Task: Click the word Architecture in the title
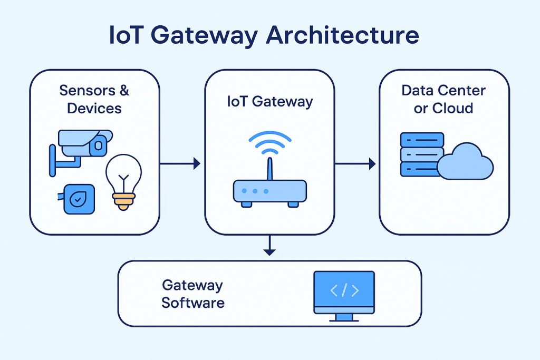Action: (x=342, y=35)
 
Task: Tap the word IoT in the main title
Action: (x=130, y=35)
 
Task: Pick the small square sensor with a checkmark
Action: (x=79, y=199)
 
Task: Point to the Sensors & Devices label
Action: (x=94, y=99)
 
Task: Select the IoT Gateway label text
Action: (x=269, y=101)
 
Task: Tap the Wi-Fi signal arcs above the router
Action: (x=269, y=140)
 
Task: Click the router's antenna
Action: (x=269, y=168)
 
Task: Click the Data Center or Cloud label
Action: (x=443, y=99)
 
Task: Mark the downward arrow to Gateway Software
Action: (x=269, y=246)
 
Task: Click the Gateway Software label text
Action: (x=192, y=294)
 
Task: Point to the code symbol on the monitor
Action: (x=344, y=290)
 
